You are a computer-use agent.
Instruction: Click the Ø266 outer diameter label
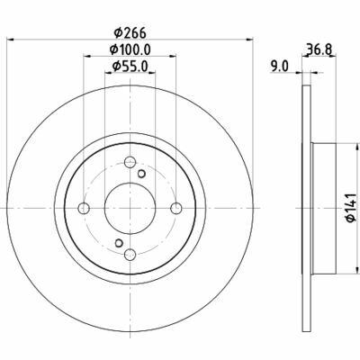[x=130, y=32]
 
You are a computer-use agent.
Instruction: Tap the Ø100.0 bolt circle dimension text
[x=130, y=49]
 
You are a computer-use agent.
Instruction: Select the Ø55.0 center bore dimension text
[x=130, y=67]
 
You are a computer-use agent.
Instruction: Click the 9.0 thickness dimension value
[x=279, y=67]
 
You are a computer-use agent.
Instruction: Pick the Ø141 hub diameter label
[x=351, y=208]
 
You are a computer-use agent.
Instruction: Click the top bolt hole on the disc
[x=130, y=162]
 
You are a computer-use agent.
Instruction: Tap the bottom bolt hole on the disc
[x=130, y=255]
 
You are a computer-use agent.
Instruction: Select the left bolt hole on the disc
[x=84, y=208]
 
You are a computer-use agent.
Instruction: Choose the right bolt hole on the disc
[x=176, y=208]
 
